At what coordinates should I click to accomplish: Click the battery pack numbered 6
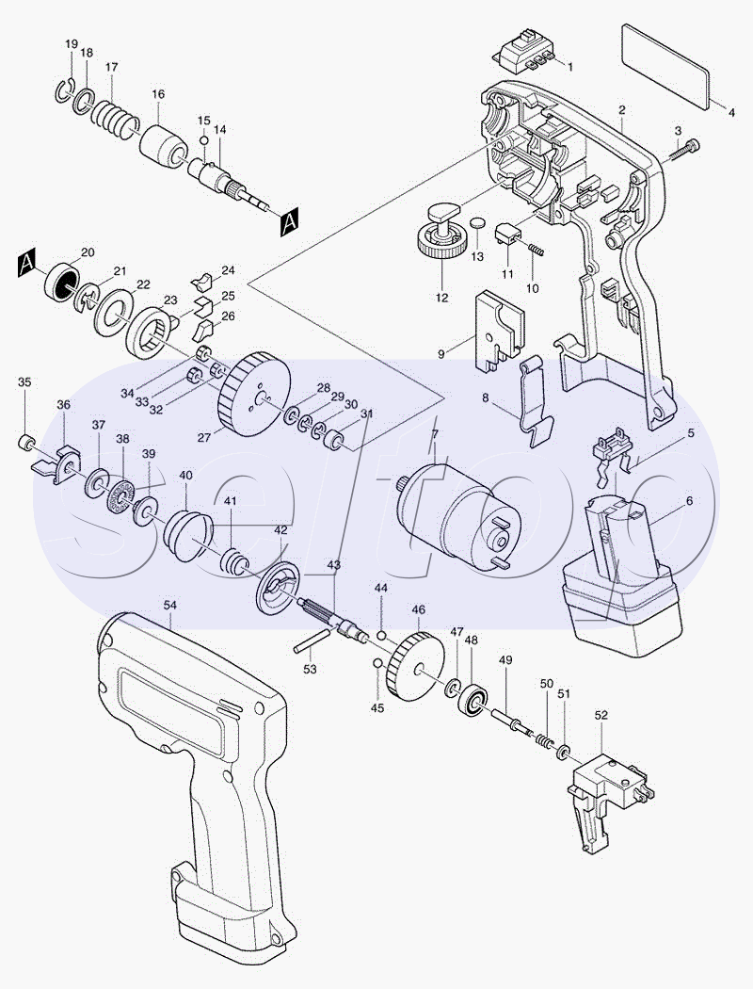pos(621,584)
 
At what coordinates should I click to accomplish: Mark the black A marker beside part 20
pos(26,261)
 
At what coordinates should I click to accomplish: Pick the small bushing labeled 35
pos(27,443)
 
